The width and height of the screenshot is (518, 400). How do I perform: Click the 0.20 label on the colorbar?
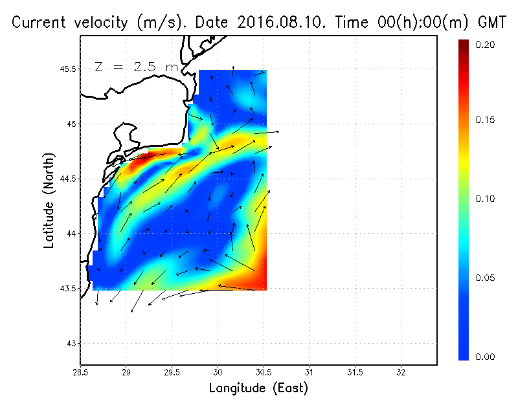[485, 45]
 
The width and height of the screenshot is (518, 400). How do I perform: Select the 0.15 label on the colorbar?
[485, 120]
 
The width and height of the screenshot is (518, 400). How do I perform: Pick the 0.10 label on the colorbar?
[485, 199]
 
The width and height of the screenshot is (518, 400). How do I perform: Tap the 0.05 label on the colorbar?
[485, 278]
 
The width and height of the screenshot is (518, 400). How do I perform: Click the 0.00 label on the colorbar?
[485, 357]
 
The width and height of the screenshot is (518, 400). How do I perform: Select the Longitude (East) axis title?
[258, 388]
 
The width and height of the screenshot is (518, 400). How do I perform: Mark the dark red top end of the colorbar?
[464, 43]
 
